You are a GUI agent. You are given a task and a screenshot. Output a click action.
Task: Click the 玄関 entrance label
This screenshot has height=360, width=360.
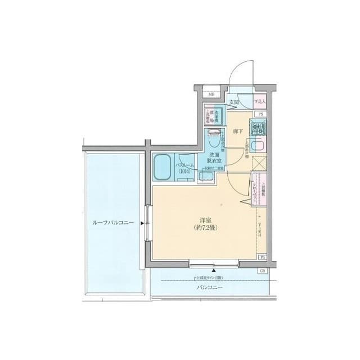click(234, 102)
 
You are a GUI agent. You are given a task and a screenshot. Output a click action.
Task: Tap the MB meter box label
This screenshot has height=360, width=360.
click(211, 94)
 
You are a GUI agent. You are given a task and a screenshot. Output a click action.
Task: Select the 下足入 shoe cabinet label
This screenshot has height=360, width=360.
click(259, 102)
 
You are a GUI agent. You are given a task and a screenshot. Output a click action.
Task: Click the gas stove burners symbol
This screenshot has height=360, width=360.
click(259, 129)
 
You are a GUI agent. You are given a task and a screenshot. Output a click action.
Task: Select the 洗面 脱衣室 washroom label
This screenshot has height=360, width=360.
click(215, 157)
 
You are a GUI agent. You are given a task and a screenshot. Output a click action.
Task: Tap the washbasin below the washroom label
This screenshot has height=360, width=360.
click(206, 176)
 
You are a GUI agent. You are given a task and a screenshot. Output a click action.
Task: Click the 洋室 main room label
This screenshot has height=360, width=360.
click(204, 220)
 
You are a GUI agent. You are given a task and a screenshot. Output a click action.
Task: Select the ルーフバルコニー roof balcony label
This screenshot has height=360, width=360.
click(112, 223)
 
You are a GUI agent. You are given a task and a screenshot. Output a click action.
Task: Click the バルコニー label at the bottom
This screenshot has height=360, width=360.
click(209, 288)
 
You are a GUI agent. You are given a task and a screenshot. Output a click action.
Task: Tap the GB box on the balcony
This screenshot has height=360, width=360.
click(262, 271)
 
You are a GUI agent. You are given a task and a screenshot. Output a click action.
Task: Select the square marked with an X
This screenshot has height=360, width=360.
click(259, 164)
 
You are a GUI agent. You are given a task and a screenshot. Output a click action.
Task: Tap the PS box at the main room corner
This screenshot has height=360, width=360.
click(262, 257)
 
